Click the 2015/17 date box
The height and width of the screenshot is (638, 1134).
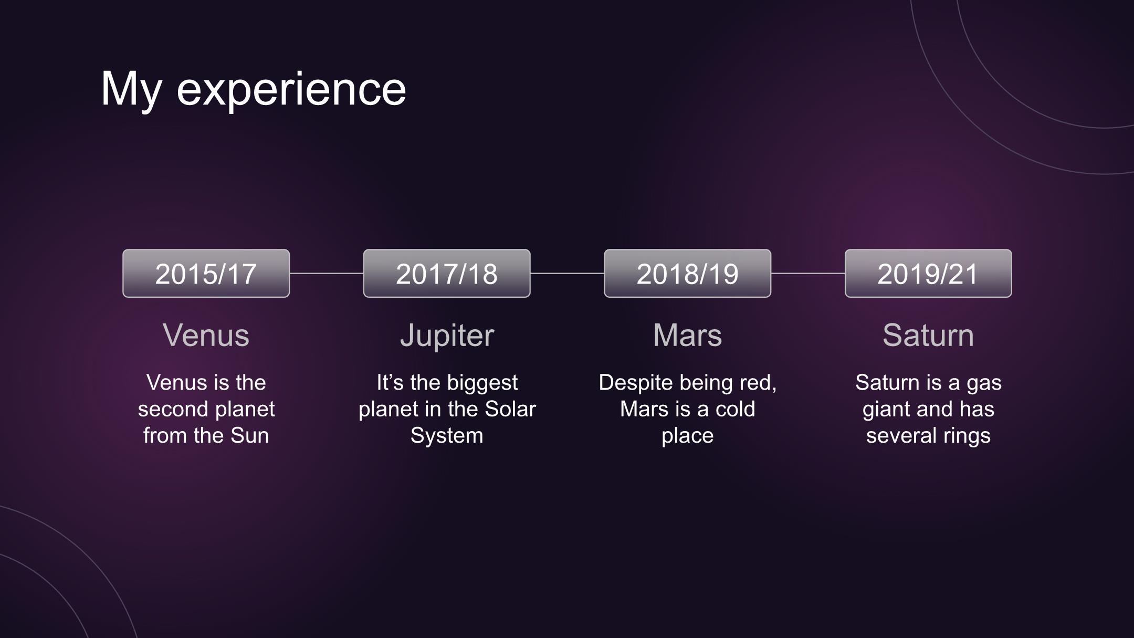click(x=206, y=273)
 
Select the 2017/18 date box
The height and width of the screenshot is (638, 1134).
click(x=447, y=273)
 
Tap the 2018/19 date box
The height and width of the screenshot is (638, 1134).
click(x=687, y=273)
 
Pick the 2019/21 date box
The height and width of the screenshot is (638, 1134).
click(x=928, y=273)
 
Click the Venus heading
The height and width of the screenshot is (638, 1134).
click(x=206, y=335)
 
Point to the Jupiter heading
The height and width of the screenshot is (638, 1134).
click(x=447, y=336)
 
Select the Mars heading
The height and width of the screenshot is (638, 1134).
click(x=687, y=335)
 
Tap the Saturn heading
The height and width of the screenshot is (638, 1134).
click(x=928, y=335)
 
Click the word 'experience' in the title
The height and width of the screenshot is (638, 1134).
click(x=291, y=89)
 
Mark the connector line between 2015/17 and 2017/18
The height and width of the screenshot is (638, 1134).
click(x=327, y=273)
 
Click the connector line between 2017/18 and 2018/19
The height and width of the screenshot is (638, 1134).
click(x=567, y=273)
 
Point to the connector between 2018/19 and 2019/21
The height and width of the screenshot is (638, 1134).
click(x=808, y=273)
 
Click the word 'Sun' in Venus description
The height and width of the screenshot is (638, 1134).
click(x=249, y=436)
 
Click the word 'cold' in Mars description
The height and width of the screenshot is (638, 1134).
click(x=735, y=409)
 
